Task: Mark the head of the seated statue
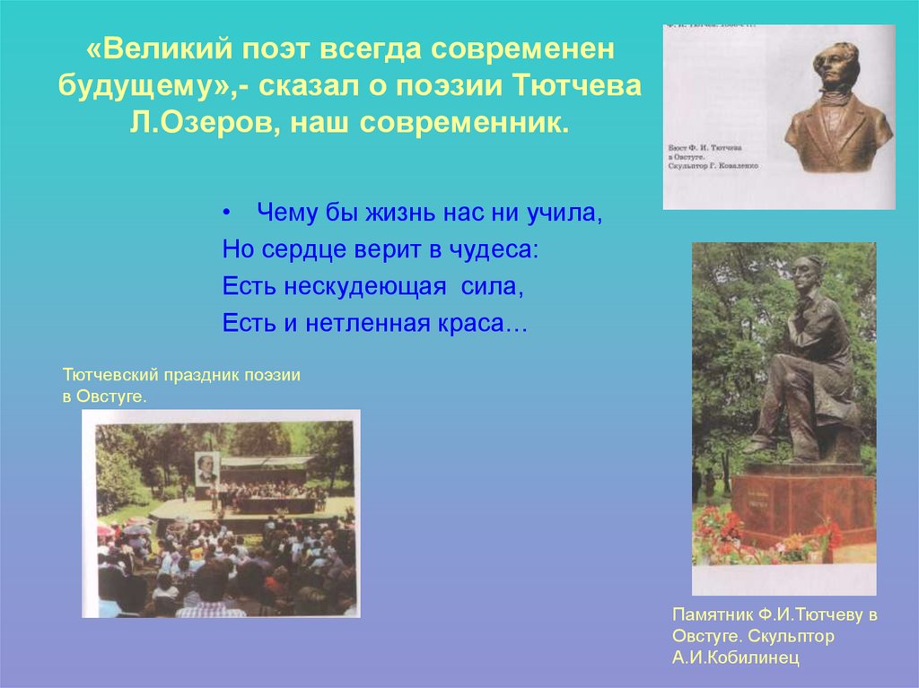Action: point(805,274)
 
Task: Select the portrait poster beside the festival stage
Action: point(206,468)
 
